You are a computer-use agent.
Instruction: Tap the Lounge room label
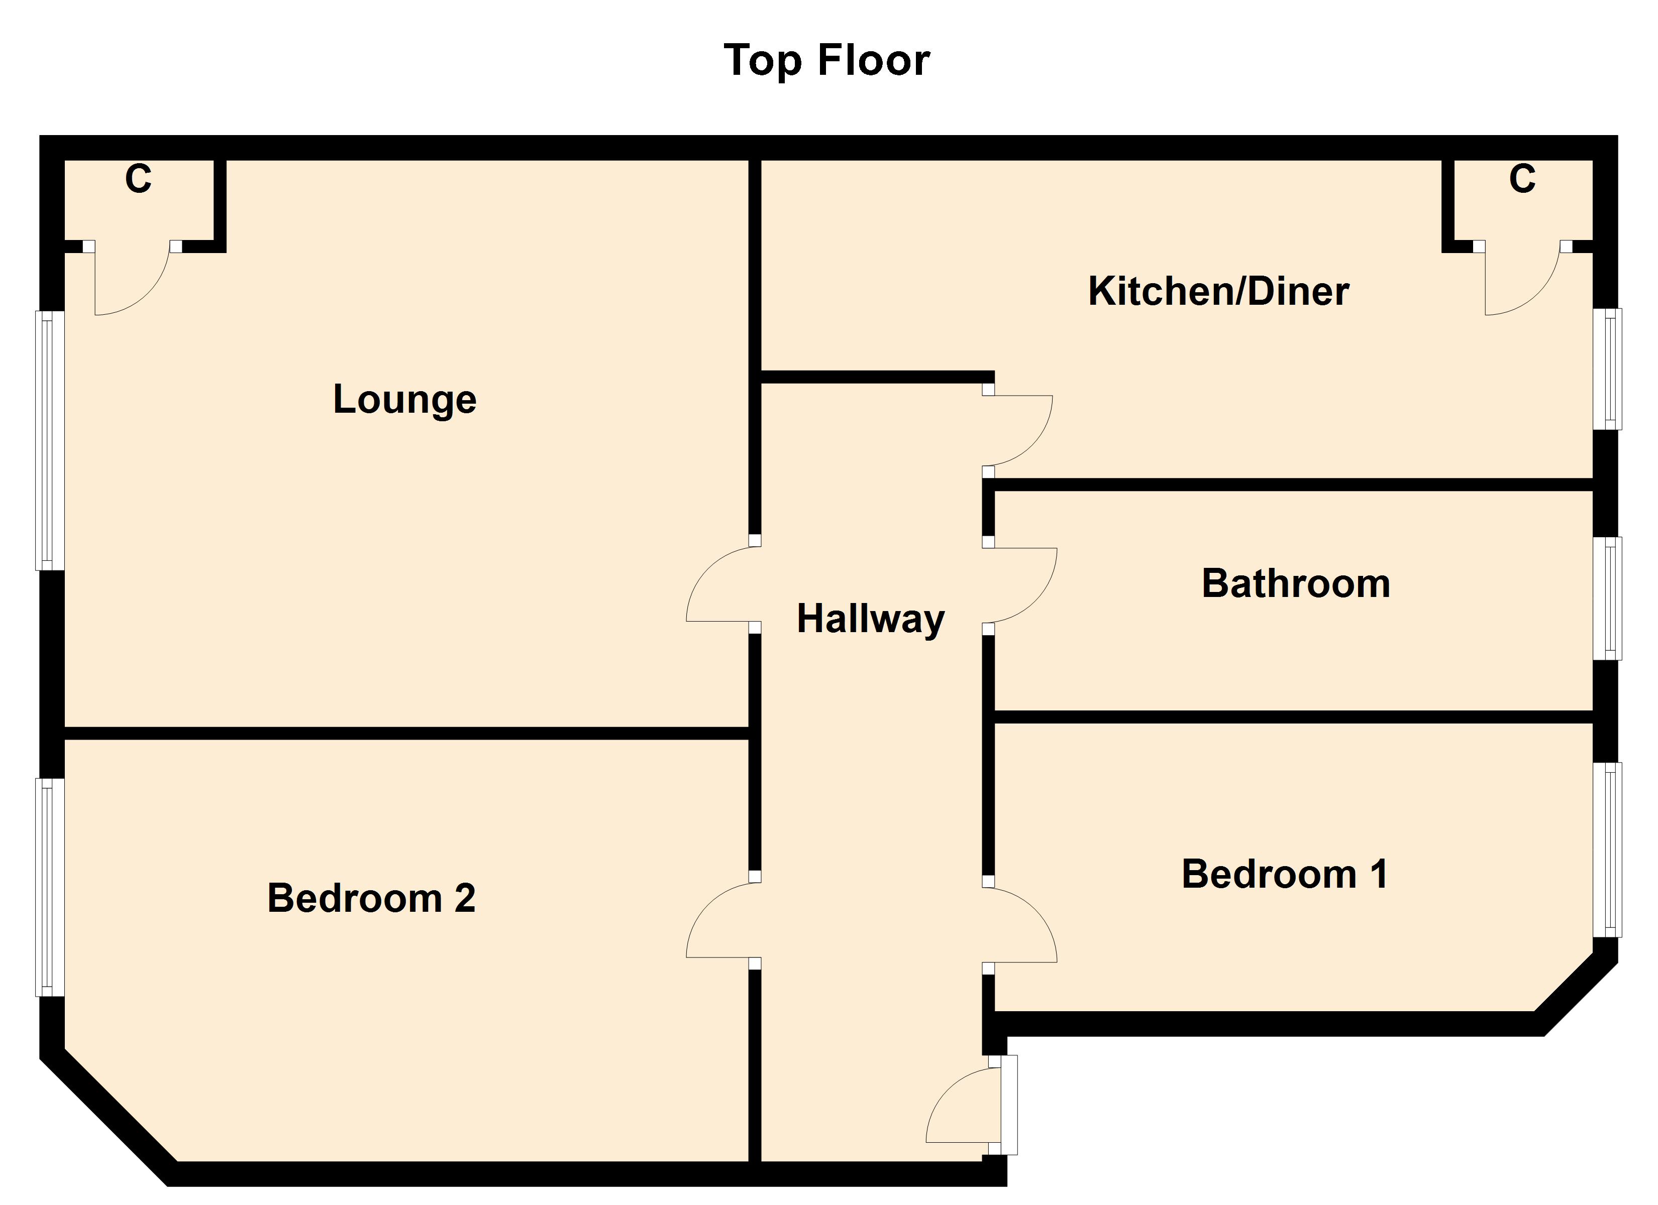point(404,399)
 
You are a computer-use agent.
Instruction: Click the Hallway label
point(870,619)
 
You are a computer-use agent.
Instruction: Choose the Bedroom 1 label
point(1284,874)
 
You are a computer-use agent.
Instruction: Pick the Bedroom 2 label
point(371,898)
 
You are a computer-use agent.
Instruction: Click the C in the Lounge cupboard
point(138,179)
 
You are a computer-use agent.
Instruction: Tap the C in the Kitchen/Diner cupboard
point(1522,179)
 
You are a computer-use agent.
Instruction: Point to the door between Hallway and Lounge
point(720,584)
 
